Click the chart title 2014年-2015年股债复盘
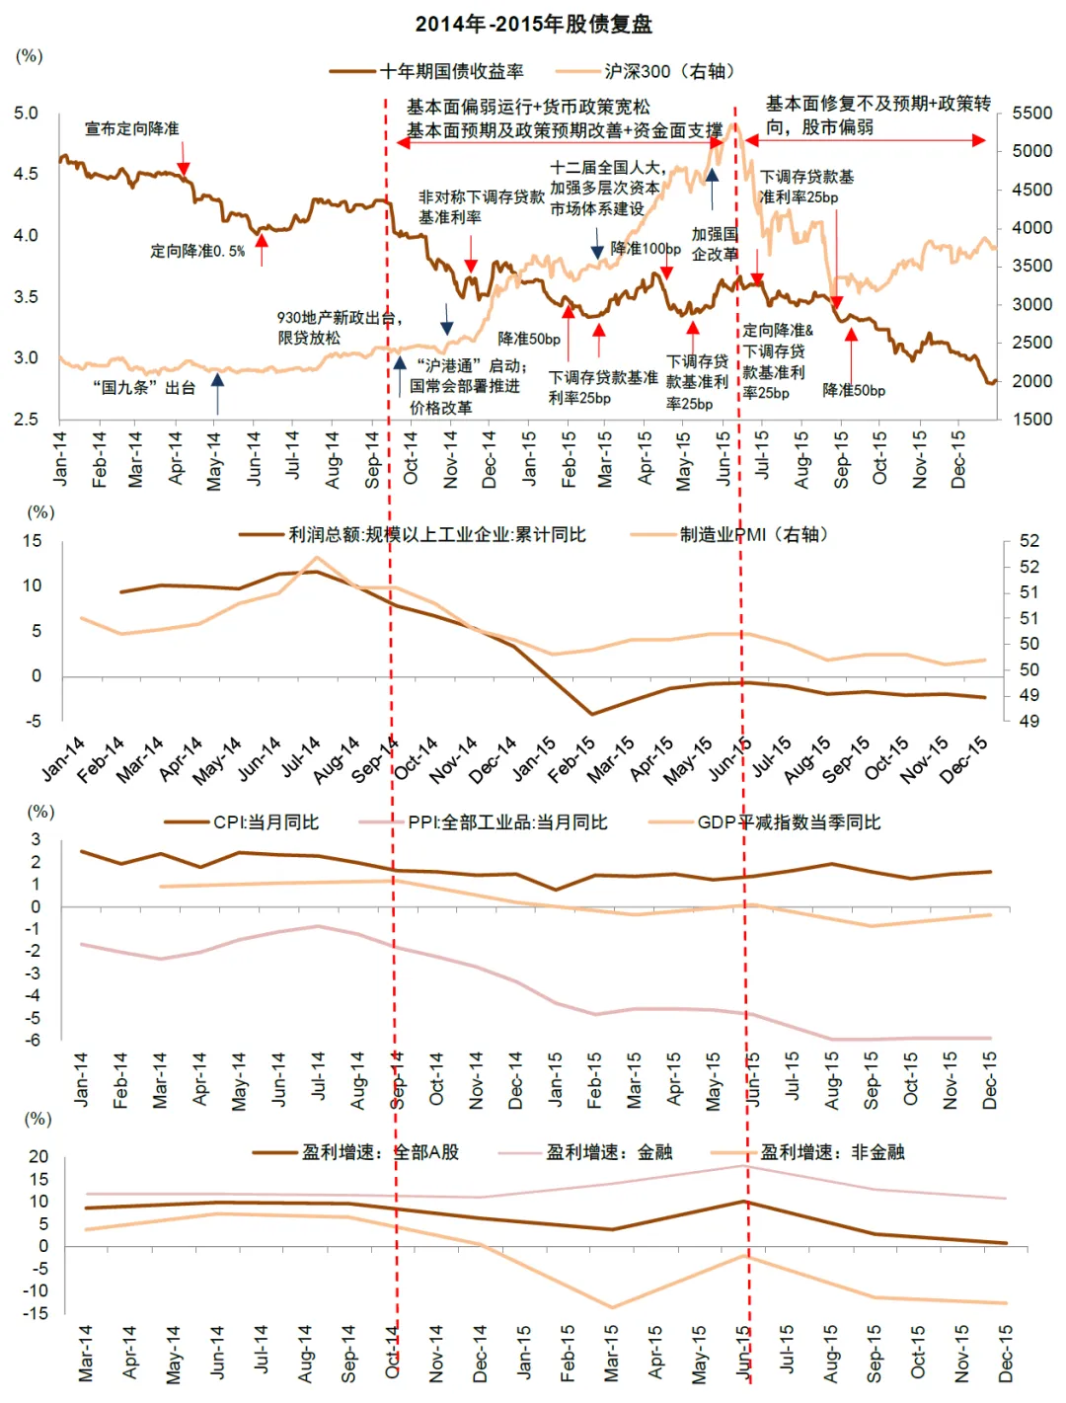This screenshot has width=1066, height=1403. (x=533, y=24)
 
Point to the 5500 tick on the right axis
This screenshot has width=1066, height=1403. (x=1032, y=114)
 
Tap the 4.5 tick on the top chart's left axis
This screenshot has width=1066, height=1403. (x=27, y=174)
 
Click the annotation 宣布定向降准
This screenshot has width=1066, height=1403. (x=132, y=128)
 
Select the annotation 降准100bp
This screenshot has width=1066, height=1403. (x=646, y=248)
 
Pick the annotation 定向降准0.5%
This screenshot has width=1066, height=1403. (x=197, y=251)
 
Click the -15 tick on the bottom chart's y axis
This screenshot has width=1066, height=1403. (x=38, y=1313)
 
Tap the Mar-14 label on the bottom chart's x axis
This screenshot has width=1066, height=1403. (x=86, y=1353)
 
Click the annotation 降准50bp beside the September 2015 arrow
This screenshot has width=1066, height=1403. (x=854, y=390)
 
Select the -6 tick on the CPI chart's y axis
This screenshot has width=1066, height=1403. (x=34, y=1040)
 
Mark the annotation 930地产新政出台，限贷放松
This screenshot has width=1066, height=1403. (x=339, y=328)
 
